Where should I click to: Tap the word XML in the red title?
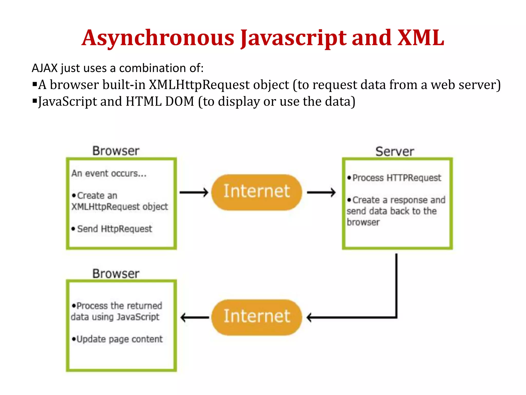click(x=420, y=38)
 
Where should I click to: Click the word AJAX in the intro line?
click(x=45, y=68)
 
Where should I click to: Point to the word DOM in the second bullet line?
click(x=180, y=101)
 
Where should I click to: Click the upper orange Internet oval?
click(x=257, y=192)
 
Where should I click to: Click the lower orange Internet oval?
click(x=257, y=317)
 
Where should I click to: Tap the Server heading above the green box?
click(x=394, y=151)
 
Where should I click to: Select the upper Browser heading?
click(x=116, y=151)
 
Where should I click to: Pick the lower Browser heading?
click(x=116, y=273)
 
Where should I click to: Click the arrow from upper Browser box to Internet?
click(x=194, y=192)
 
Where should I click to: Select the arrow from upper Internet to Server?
click(x=321, y=192)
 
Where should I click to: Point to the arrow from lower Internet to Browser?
click(x=195, y=318)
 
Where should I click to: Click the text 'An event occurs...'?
click(x=109, y=174)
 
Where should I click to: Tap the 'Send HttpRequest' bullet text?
click(x=115, y=229)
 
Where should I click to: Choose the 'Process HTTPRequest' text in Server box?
click(x=397, y=178)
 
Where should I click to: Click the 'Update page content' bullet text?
click(x=119, y=339)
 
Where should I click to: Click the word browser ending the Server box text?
click(x=363, y=222)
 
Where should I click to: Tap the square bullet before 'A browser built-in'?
click(x=35, y=84)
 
